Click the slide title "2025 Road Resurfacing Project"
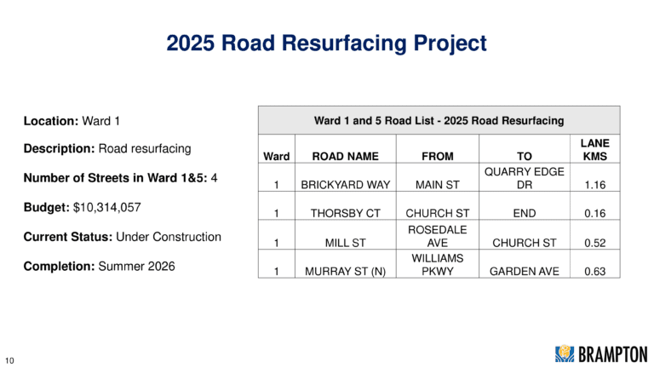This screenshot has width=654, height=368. click(327, 43)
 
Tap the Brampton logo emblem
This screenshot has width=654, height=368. click(565, 354)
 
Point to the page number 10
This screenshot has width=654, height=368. click(9, 360)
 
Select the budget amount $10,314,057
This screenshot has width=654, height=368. click(107, 207)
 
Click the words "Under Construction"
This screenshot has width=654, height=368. click(169, 237)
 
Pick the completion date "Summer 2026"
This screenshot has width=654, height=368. click(137, 266)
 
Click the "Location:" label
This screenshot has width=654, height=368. click(51, 121)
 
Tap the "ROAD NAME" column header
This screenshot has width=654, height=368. click(346, 156)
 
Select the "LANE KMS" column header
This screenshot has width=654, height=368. click(594, 149)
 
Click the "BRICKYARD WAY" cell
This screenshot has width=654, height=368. click(346, 185)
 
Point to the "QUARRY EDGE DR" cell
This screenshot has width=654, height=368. click(525, 178)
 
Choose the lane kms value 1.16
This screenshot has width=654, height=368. click(594, 185)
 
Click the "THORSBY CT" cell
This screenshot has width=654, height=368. click(346, 213)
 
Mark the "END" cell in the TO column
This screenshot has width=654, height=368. click(525, 213)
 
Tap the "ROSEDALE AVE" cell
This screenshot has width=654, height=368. click(438, 236)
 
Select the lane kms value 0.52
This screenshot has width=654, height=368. click(594, 243)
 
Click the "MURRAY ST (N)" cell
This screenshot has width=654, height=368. click(346, 271)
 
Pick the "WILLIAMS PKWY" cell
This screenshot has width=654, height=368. click(438, 265)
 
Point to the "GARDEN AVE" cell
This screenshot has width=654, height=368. click(525, 271)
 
